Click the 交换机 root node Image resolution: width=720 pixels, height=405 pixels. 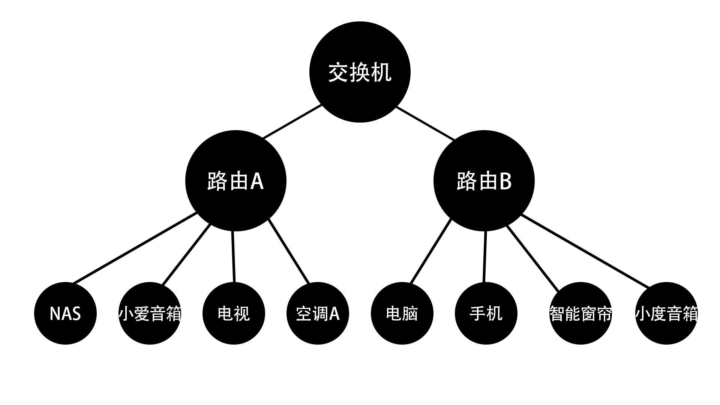click(360, 72)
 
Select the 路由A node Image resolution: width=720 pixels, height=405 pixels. click(236, 181)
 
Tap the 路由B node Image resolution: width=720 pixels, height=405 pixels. click(484, 181)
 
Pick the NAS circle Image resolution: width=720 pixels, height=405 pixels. click(65, 313)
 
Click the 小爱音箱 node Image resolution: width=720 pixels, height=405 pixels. click(150, 313)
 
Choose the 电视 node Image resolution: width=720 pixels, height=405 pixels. click(234, 313)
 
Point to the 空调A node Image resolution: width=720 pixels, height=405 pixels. click(318, 313)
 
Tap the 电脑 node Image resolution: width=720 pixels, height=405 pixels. click(402, 313)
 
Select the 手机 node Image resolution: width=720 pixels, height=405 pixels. click(486, 313)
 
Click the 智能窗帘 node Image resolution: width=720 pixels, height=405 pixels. click(580, 313)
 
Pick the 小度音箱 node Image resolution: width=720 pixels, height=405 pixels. click(666, 313)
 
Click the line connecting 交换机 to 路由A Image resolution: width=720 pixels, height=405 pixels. click(292, 122)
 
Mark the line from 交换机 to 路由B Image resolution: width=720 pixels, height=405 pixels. click(426, 123)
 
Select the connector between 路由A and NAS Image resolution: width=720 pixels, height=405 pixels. click(135, 248)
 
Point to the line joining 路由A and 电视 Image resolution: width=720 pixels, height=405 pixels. click(233, 256)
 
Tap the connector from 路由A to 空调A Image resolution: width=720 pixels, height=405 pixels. click(289, 251)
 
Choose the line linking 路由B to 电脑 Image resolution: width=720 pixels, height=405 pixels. click(431, 251)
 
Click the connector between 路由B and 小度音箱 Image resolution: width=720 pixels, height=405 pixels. click(586, 251)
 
